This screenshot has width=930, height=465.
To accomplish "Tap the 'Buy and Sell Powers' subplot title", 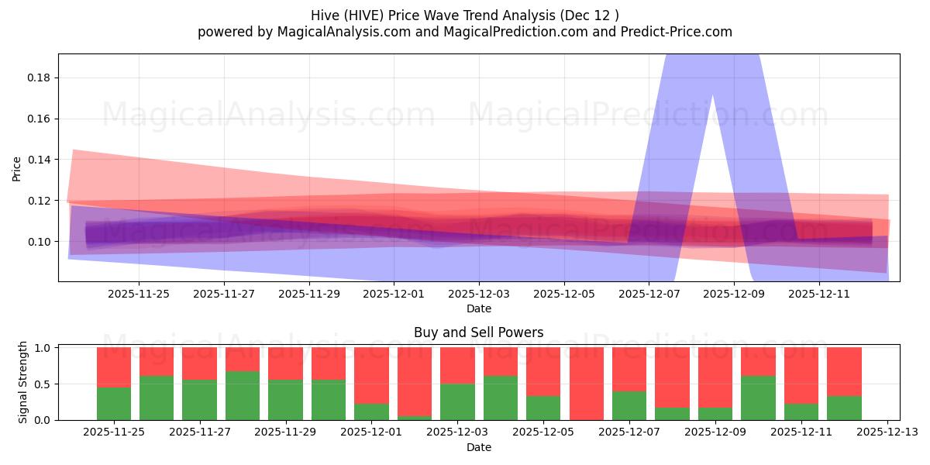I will coord(478,332).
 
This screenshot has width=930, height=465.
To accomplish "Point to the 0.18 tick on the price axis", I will coord(41,77).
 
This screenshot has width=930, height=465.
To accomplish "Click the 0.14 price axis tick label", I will coord(41,160).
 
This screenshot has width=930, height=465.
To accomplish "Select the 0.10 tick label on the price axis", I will coord(41,242).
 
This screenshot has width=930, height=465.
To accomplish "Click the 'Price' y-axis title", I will coord(17,167).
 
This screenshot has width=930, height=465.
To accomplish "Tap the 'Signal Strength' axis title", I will coord(23,382).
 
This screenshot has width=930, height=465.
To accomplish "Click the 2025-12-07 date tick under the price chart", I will coord(649,294).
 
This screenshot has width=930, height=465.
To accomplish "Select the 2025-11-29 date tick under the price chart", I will coord(308,294).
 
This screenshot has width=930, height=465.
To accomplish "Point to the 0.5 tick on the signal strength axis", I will coord(43,384).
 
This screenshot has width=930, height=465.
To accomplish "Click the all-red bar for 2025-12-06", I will coord(586,384).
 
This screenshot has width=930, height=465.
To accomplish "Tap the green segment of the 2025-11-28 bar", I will coord(243,396).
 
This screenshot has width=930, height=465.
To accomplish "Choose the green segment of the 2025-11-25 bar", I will coord(114,404).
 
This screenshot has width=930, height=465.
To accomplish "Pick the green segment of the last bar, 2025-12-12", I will coord(844,408).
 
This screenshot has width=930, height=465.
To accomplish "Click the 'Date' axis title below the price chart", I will coord(478,308).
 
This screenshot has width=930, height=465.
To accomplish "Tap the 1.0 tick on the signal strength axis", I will coord(43,348).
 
